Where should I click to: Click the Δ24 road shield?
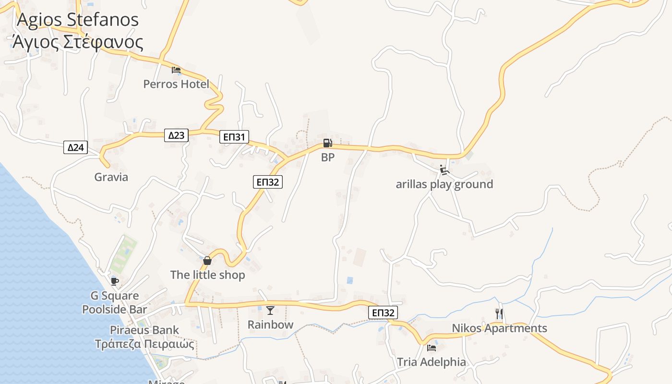(x=76, y=147)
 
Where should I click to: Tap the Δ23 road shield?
(x=176, y=135)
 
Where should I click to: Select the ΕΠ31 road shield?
(x=235, y=137)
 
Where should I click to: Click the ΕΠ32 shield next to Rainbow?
(x=384, y=313)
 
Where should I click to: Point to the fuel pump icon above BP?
(x=327, y=143)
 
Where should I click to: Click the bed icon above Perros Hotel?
(x=176, y=70)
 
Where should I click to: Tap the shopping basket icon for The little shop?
(x=207, y=261)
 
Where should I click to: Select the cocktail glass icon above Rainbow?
(x=270, y=311)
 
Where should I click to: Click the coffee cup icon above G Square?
(x=114, y=281)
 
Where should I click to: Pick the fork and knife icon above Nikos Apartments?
(x=499, y=314)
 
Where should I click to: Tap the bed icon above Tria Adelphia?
(x=432, y=348)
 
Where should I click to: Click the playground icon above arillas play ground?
(x=444, y=170)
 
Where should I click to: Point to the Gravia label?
(x=111, y=177)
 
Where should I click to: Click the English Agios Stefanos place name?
(x=78, y=20)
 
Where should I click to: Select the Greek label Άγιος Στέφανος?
(x=78, y=42)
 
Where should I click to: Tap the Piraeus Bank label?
(x=144, y=330)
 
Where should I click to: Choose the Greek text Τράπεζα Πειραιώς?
(x=144, y=344)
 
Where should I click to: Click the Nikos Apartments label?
(x=499, y=328)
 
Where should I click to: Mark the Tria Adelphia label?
(x=432, y=362)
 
